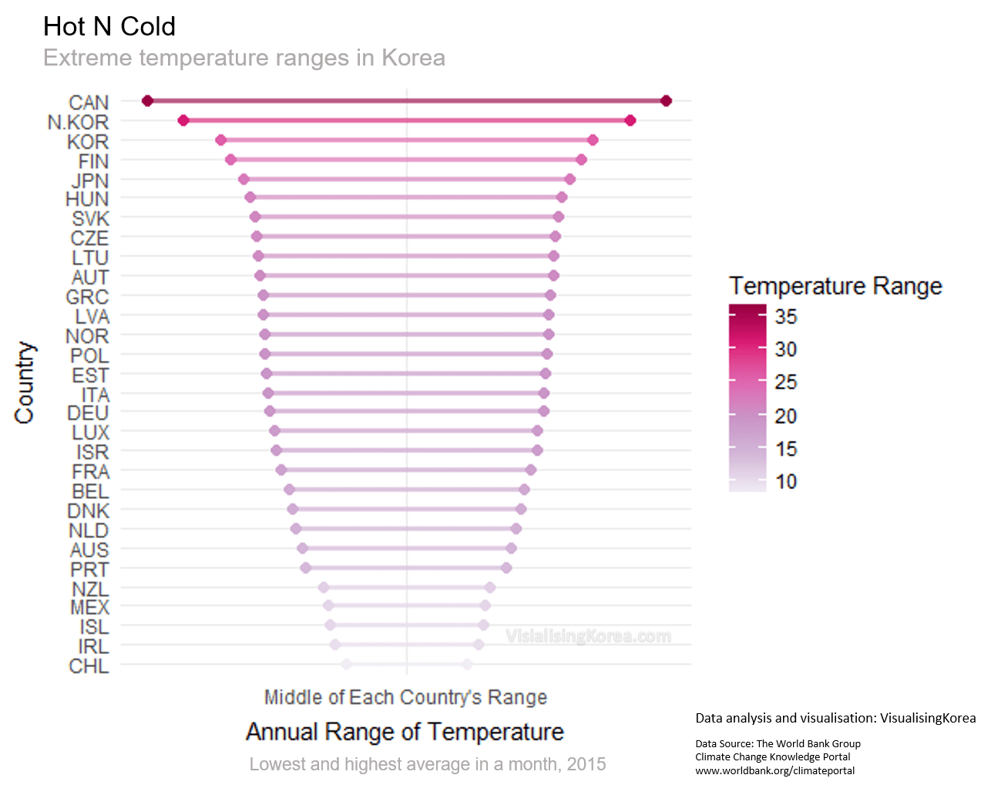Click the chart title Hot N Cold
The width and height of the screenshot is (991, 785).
click(109, 27)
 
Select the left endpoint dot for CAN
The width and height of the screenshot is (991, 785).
click(148, 101)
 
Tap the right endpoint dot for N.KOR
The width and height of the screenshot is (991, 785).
click(630, 120)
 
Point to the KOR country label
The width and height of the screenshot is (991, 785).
click(88, 142)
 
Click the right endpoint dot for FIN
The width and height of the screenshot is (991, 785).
click(581, 160)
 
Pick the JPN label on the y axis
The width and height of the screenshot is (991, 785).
click(89, 181)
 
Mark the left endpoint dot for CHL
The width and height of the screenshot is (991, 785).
click(346, 664)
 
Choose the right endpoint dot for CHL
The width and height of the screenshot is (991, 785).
click(467, 664)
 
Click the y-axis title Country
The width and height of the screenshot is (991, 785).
click(25, 382)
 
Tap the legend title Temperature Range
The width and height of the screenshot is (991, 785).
click(835, 286)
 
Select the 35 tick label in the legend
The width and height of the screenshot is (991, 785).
click(786, 316)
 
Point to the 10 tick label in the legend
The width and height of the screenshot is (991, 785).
click(786, 482)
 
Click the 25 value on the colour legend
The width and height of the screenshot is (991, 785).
click(786, 382)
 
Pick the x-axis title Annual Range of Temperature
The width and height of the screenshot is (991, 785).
click(405, 732)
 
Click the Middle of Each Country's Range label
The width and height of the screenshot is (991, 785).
click(405, 698)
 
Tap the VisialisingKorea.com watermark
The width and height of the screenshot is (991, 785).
click(588, 636)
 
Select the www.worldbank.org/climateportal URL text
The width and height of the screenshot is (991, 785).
click(774, 770)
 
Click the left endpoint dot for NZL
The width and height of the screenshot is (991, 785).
click(324, 588)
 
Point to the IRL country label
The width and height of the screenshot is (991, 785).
click(93, 647)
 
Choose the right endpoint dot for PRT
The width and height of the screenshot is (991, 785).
click(506, 568)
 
